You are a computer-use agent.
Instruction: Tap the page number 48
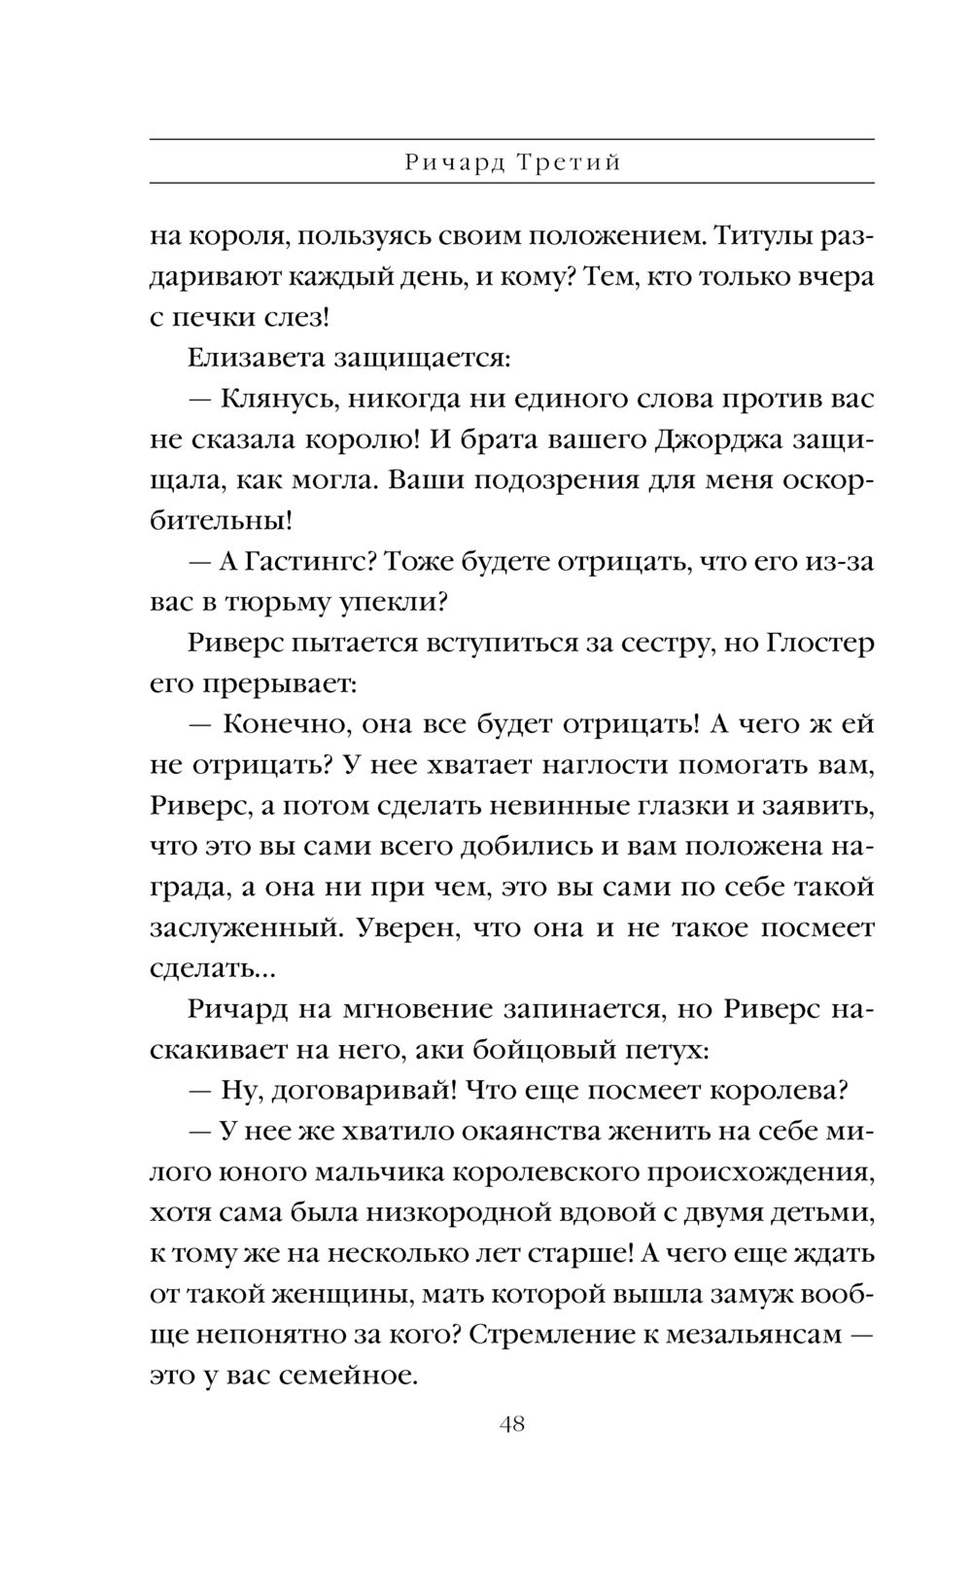[x=512, y=1425]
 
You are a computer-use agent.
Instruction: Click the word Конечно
[x=277, y=725]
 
